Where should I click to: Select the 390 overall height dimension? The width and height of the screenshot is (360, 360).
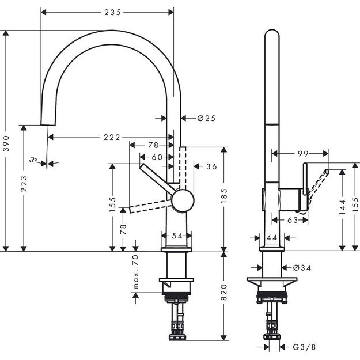[x=6, y=141]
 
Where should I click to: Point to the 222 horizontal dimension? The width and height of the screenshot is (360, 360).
[x=112, y=137]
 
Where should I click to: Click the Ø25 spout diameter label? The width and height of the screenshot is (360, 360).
[x=206, y=118]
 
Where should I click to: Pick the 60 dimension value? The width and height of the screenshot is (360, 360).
[x=157, y=157]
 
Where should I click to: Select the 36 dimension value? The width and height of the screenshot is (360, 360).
[x=211, y=166]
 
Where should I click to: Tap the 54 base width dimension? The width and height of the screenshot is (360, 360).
[x=177, y=236]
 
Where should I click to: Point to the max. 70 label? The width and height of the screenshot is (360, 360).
[x=136, y=274]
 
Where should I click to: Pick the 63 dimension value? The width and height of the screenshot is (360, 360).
[x=293, y=220]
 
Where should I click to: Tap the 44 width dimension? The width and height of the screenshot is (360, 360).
[x=272, y=237]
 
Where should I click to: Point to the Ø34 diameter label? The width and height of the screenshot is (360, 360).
[x=302, y=267]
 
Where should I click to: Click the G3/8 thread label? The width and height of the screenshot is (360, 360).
[x=303, y=347]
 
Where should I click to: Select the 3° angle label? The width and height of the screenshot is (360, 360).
[x=35, y=160]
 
